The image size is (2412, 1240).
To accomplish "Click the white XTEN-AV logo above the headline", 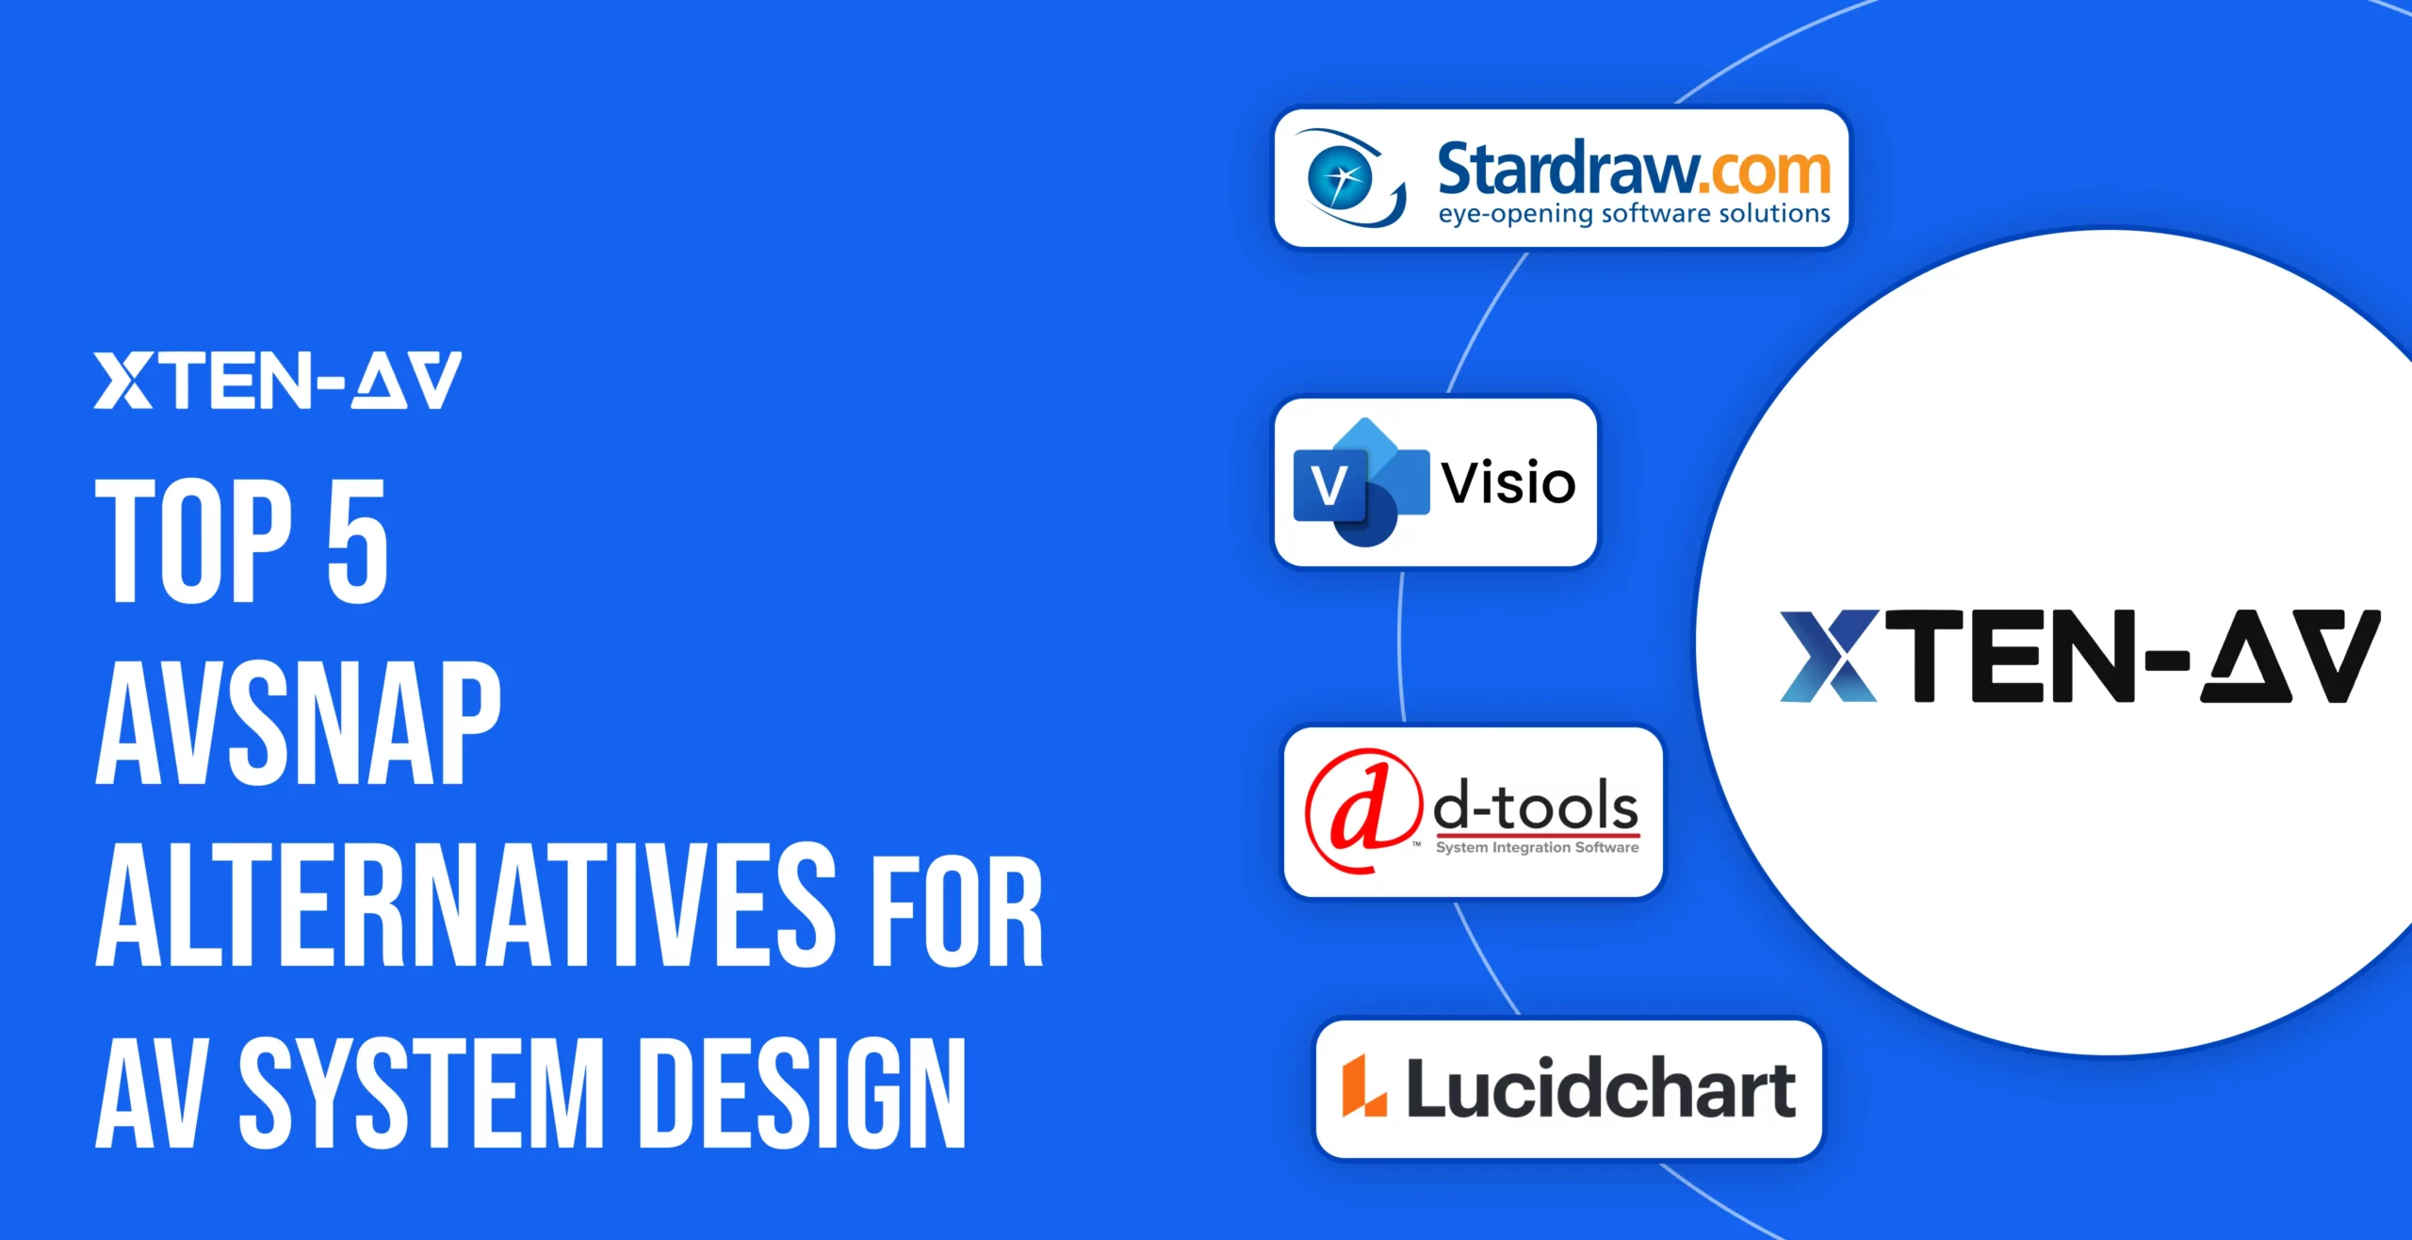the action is pyautogui.click(x=278, y=381).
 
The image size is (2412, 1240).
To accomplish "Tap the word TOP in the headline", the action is pyautogui.click(x=194, y=540).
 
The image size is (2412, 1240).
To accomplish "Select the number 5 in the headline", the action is pyautogui.click(x=357, y=540).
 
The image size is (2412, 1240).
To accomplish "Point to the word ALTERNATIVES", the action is pyautogui.click(x=465, y=905).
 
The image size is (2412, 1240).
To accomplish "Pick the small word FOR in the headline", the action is pyautogui.click(x=957, y=913).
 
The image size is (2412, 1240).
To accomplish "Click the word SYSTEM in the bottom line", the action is pyautogui.click(x=421, y=1092).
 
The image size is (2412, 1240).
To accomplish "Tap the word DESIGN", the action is pyautogui.click(x=803, y=1092).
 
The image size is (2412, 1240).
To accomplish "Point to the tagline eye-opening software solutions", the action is pyautogui.click(x=1634, y=214).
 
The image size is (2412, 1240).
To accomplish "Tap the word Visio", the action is pyautogui.click(x=1508, y=483).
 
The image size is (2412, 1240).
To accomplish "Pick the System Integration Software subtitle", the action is pyautogui.click(x=1537, y=848).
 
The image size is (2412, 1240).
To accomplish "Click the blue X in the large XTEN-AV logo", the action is pyautogui.click(x=1829, y=656).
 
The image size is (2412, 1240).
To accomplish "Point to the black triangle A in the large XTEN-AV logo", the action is pyautogui.click(x=2246, y=657).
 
